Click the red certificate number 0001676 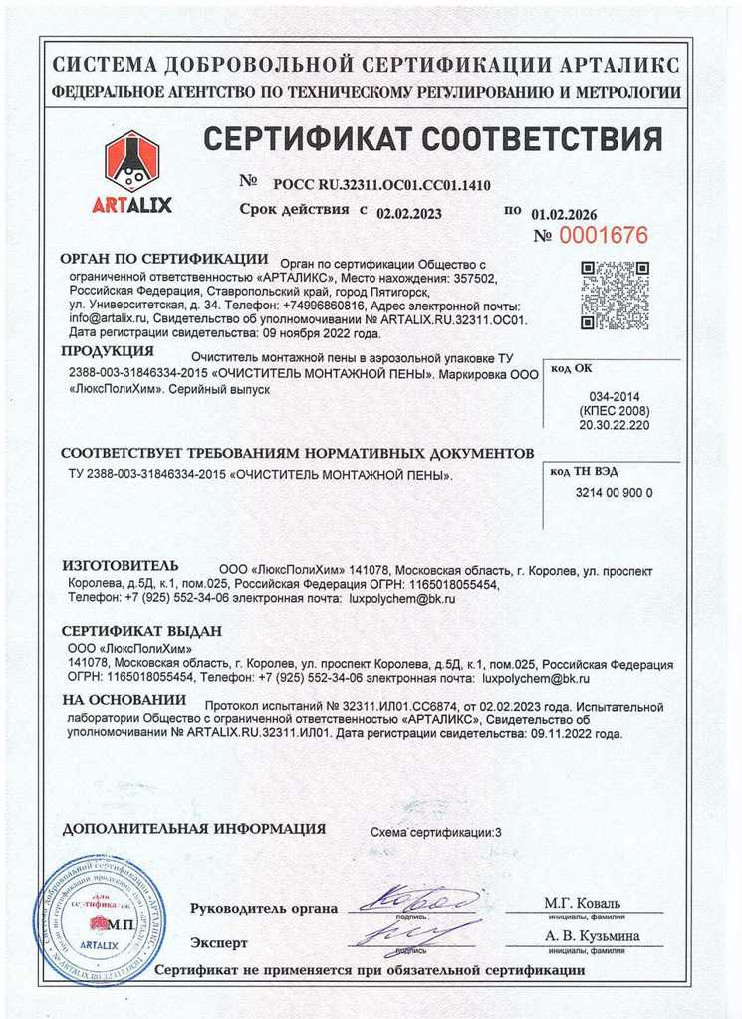click(x=603, y=236)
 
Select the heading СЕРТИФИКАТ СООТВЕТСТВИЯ click(x=431, y=139)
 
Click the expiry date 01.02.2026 click(x=564, y=213)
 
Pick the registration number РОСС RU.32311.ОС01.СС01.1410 click(x=381, y=185)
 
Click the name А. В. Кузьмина click(x=592, y=935)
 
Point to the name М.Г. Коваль click(x=582, y=903)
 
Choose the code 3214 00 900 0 click(x=614, y=493)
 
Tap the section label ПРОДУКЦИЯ click(x=108, y=351)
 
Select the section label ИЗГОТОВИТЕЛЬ click(x=121, y=565)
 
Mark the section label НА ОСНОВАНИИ click(x=124, y=701)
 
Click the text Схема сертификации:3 click(x=436, y=831)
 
